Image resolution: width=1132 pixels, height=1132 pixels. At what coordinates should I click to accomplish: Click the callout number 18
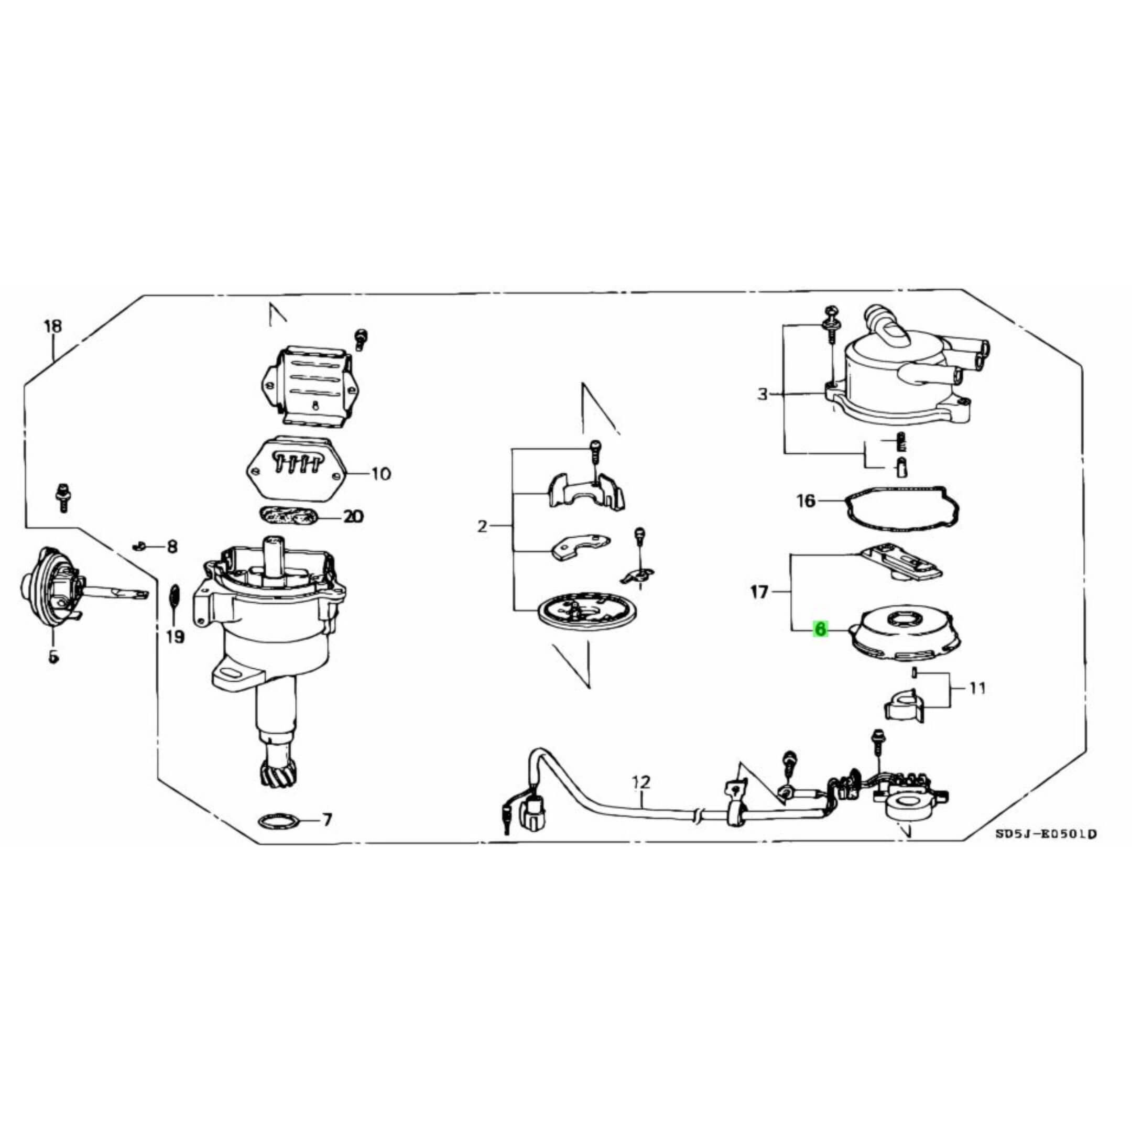pos(53,326)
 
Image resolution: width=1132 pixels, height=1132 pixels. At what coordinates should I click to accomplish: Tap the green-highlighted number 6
pos(820,629)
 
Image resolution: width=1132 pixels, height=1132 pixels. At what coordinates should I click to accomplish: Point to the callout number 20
pos(353,516)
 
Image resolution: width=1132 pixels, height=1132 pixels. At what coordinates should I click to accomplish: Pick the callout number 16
pos(806,501)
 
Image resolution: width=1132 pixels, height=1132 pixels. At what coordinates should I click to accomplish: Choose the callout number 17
pos(759,592)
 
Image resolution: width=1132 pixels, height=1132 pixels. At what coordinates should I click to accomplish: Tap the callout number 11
pos(976,688)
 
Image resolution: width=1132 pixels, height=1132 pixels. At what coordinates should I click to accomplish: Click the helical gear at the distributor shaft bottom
pos(275,772)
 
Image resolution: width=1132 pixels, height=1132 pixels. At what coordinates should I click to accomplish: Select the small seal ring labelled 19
pos(174,596)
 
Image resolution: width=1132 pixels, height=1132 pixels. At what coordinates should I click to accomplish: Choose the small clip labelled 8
pos(139,546)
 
